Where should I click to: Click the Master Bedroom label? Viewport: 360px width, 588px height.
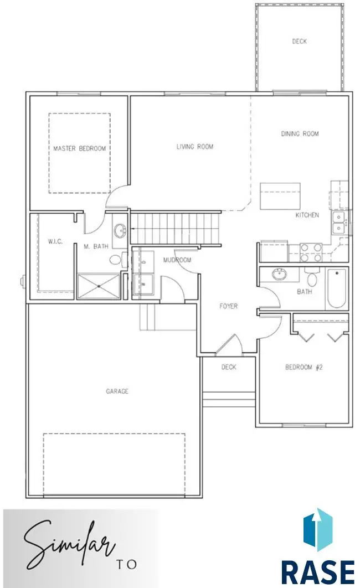pyautogui.click(x=79, y=148)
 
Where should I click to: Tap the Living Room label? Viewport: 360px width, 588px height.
pyautogui.click(x=195, y=147)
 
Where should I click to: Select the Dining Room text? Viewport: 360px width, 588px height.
pyautogui.click(x=300, y=133)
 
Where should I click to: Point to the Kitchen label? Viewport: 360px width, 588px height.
pyautogui.click(x=307, y=215)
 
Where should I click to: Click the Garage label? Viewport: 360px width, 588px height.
pyautogui.click(x=117, y=391)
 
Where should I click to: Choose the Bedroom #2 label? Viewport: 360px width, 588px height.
pyautogui.click(x=304, y=367)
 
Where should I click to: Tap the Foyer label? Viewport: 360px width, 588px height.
pyautogui.click(x=228, y=306)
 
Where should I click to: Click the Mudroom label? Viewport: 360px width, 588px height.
pyautogui.click(x=177, y=260)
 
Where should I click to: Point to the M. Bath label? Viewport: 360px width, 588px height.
pyautogui.click(x=96, y=246)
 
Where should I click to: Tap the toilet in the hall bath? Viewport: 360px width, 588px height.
pyautogui.click(x=312, y=276)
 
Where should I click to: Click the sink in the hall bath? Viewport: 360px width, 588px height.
pyautogui.click(x=279, y=274)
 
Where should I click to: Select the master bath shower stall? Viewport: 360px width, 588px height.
pyautogui.click(x=99, y=286)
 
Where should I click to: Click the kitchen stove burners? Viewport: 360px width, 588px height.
pyautogui.click(x=311, y=252)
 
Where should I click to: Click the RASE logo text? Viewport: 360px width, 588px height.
pyautogui.click(x=317, y=571)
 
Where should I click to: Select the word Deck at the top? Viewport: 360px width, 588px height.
pyautogui.click(x=299, y=42)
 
